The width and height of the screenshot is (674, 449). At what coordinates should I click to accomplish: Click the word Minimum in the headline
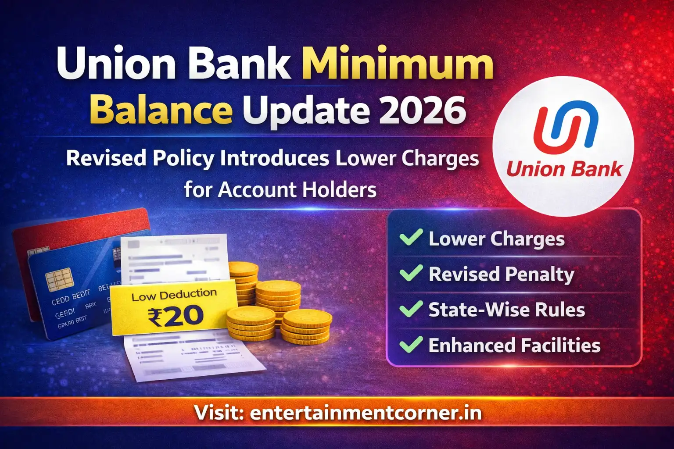tap(398, 65)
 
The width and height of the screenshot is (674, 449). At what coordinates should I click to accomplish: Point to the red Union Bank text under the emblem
tap(564, 169)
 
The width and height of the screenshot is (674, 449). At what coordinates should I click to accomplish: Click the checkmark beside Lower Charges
tap(411, 238)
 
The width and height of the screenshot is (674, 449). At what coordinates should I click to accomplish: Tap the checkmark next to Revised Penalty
tap(411, 273)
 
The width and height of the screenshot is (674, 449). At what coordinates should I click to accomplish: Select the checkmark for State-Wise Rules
tap(411, 309)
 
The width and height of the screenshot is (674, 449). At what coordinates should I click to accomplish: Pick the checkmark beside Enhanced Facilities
tap(411, 345)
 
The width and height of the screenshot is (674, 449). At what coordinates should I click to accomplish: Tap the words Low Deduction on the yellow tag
tap(174, 295)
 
